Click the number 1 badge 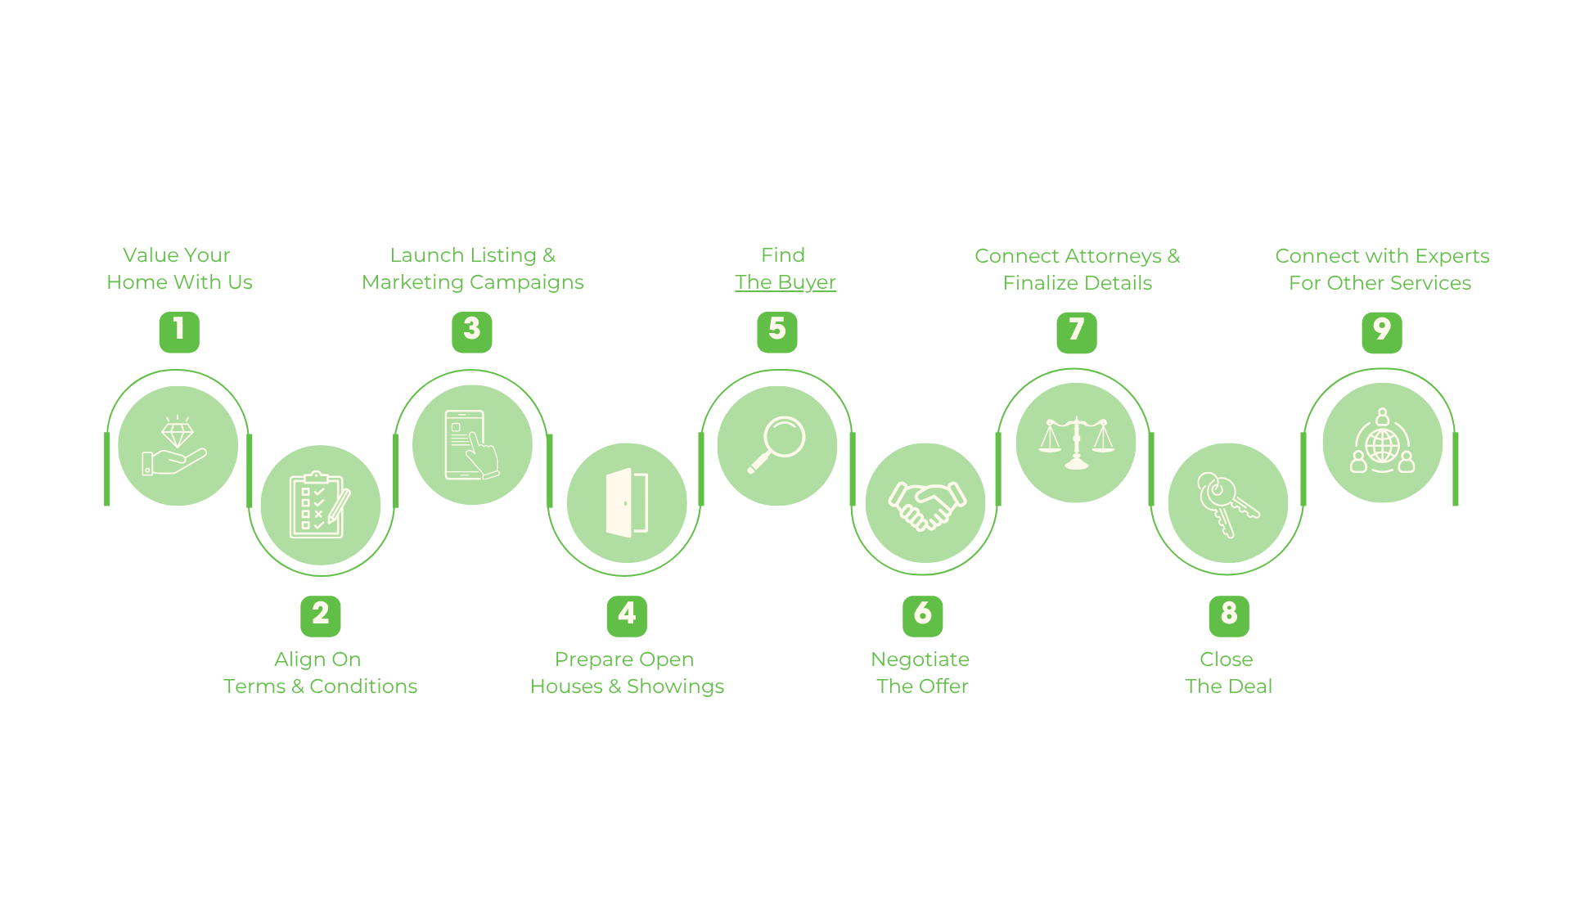point(179,332)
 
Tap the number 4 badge point(627,616)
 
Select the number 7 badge point(1077,333)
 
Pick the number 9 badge point(1382,333)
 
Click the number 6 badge point(923,616)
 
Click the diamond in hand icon point(175,445)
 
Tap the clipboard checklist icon point(320,505)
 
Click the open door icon point(627,502)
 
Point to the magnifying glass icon point(776,444)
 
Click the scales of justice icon point(1077,443)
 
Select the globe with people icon point(1383,441)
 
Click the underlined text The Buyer point(785,282)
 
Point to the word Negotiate point(921,659)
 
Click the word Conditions point(363,686)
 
